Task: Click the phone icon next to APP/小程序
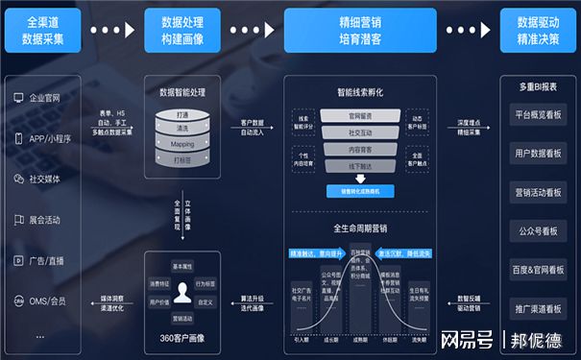pyautogui.click(x=18, y=138)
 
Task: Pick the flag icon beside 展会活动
pyautogui.click(x=18, y=219)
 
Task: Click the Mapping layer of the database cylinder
pyautogui.click(x=182, y=144)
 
